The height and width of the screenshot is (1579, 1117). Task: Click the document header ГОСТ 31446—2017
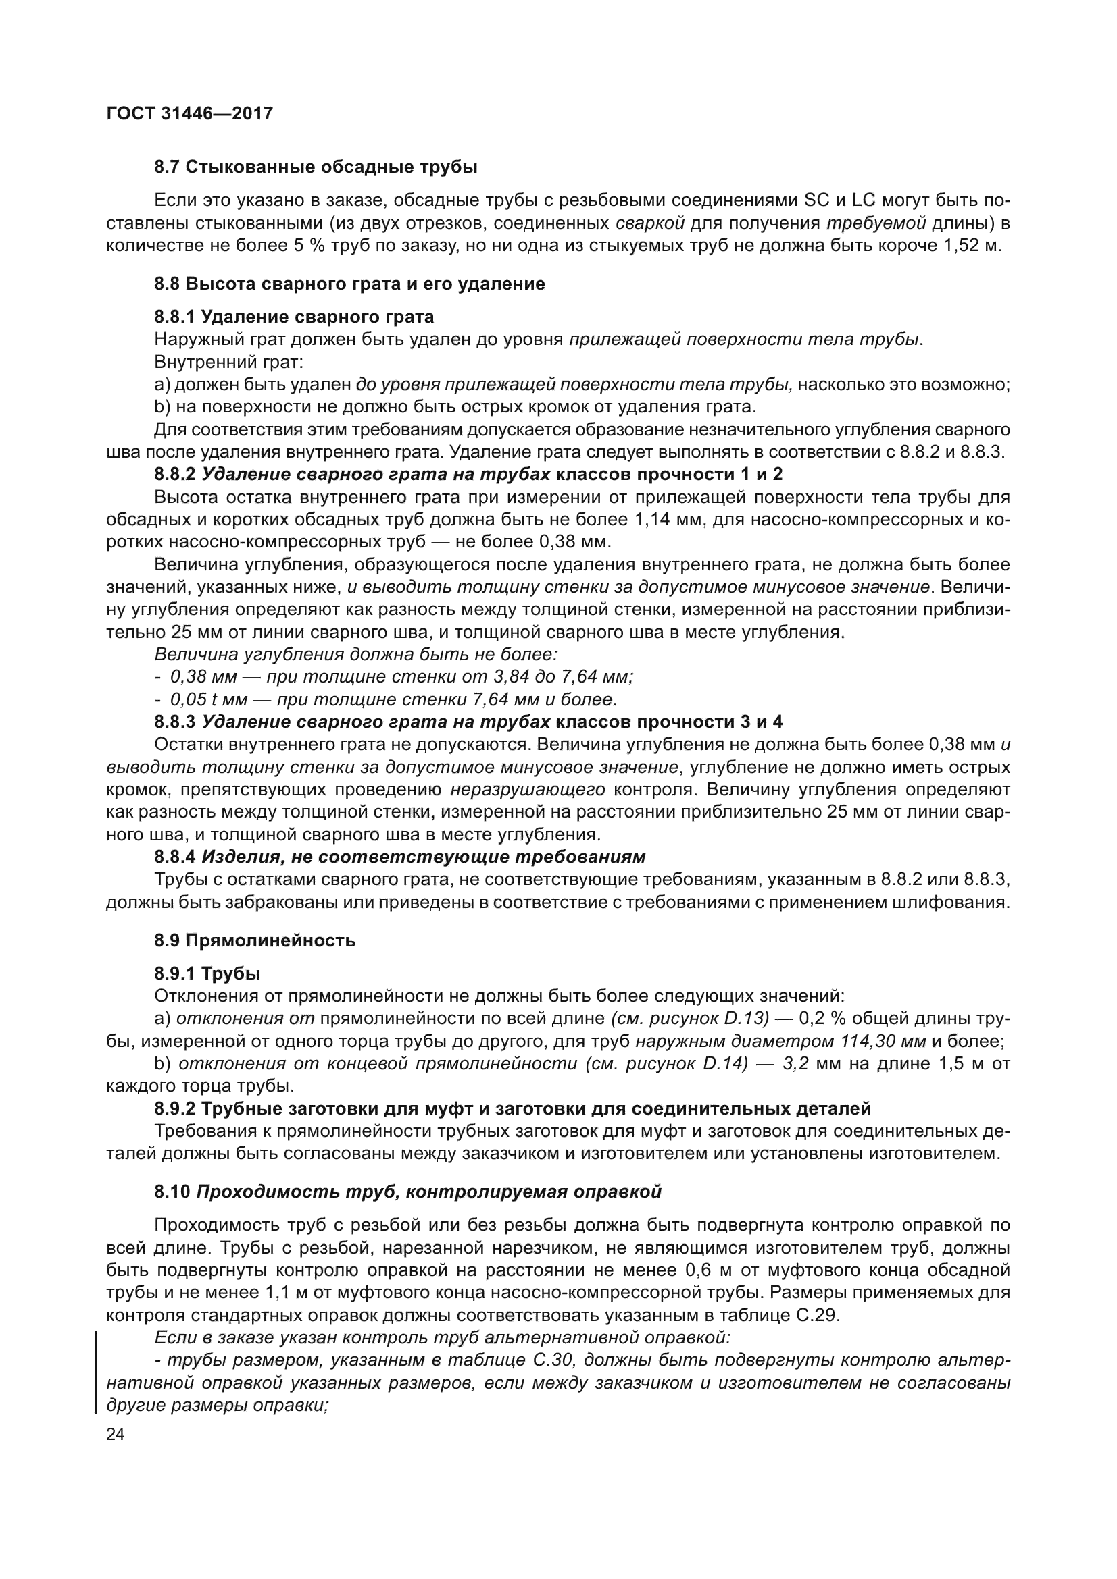(x=190, y=113)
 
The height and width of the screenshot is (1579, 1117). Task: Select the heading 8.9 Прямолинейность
(x=255, y=940)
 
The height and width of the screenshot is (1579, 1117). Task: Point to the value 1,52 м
(x=974, y=246)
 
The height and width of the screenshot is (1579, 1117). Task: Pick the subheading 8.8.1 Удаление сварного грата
(x=294, y=317)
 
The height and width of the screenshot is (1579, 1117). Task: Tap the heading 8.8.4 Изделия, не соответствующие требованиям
(x=400, y=857)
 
